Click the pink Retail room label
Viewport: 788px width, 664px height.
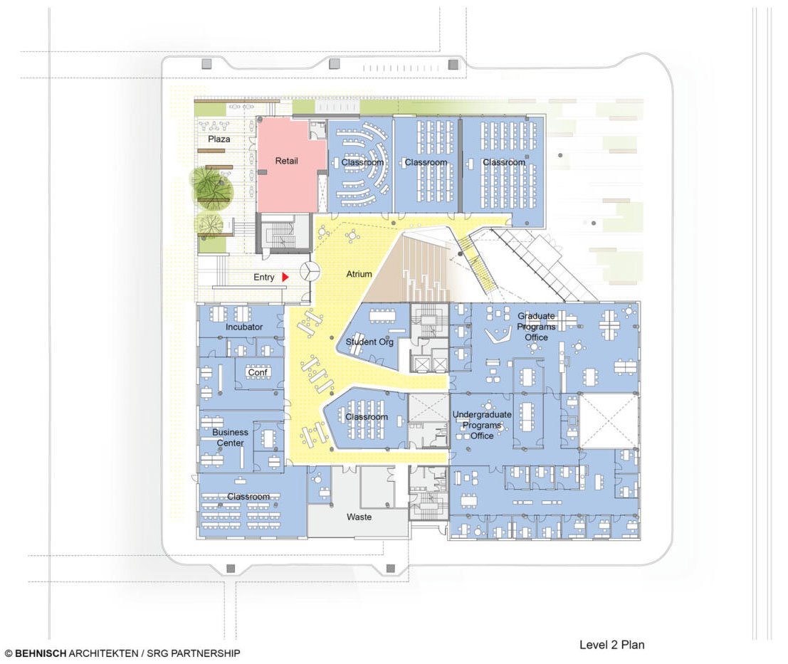[287, 161]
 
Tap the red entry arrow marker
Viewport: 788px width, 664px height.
[285, 277]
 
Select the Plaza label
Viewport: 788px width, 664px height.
[219, 139]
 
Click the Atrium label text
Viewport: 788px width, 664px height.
[359, 274]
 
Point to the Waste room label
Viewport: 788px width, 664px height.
[359, 517]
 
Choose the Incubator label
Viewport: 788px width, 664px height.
[244, 327]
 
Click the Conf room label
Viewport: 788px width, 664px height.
[256, 372]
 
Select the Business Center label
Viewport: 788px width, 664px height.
[231, 438]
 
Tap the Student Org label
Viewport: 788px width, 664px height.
[369, 342]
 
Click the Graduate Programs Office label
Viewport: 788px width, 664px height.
[536, 327]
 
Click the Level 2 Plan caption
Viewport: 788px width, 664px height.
[611, 645]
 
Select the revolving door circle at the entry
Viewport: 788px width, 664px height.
[310, 271]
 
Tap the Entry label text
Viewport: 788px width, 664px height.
[264, 278]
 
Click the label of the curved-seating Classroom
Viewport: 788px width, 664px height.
[362, 162]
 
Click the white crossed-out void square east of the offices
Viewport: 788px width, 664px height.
[609, 421]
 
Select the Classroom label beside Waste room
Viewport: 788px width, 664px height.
[248, 497]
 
